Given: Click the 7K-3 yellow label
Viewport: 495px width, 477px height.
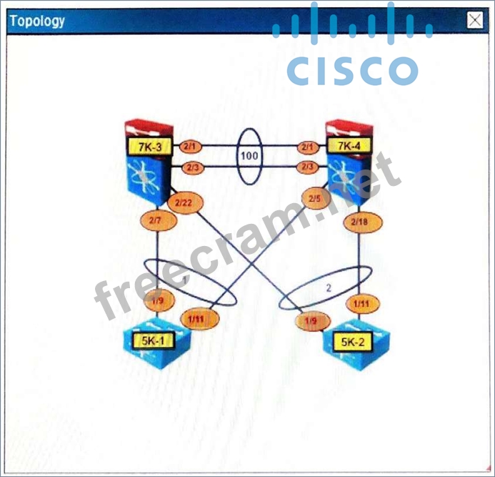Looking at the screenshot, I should pos(149,147).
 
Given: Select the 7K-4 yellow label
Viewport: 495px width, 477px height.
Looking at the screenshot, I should pos(349,147).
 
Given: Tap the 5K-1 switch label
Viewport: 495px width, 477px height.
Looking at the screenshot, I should pos(153,340).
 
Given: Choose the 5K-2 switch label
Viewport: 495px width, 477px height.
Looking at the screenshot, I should pos(353,342).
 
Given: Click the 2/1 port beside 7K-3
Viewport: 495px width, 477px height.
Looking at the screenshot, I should pos(189,147).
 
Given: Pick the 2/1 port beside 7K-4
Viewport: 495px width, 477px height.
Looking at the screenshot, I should pos(309,147).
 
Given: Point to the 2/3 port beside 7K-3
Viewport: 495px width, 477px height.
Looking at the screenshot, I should pos(191,167).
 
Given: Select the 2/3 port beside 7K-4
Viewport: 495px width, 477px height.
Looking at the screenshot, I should pos(308,167).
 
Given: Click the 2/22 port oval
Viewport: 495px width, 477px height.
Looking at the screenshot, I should pos(184,203).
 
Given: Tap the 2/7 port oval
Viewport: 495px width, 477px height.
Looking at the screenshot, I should pos(156,221).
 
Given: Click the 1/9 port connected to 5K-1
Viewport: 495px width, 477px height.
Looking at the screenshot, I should pos(156,300).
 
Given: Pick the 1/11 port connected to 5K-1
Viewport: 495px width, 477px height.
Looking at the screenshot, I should pos(198,318).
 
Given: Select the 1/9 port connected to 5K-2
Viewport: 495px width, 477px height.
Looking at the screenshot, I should pos(311,322).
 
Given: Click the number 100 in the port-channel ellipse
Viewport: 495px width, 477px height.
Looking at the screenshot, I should pos(250,155).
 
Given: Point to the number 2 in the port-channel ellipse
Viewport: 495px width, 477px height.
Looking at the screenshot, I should pos(329,288).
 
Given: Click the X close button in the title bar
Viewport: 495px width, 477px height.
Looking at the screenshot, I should pos(475,21).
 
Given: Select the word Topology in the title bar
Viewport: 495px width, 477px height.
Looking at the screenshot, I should pos(37,21).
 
